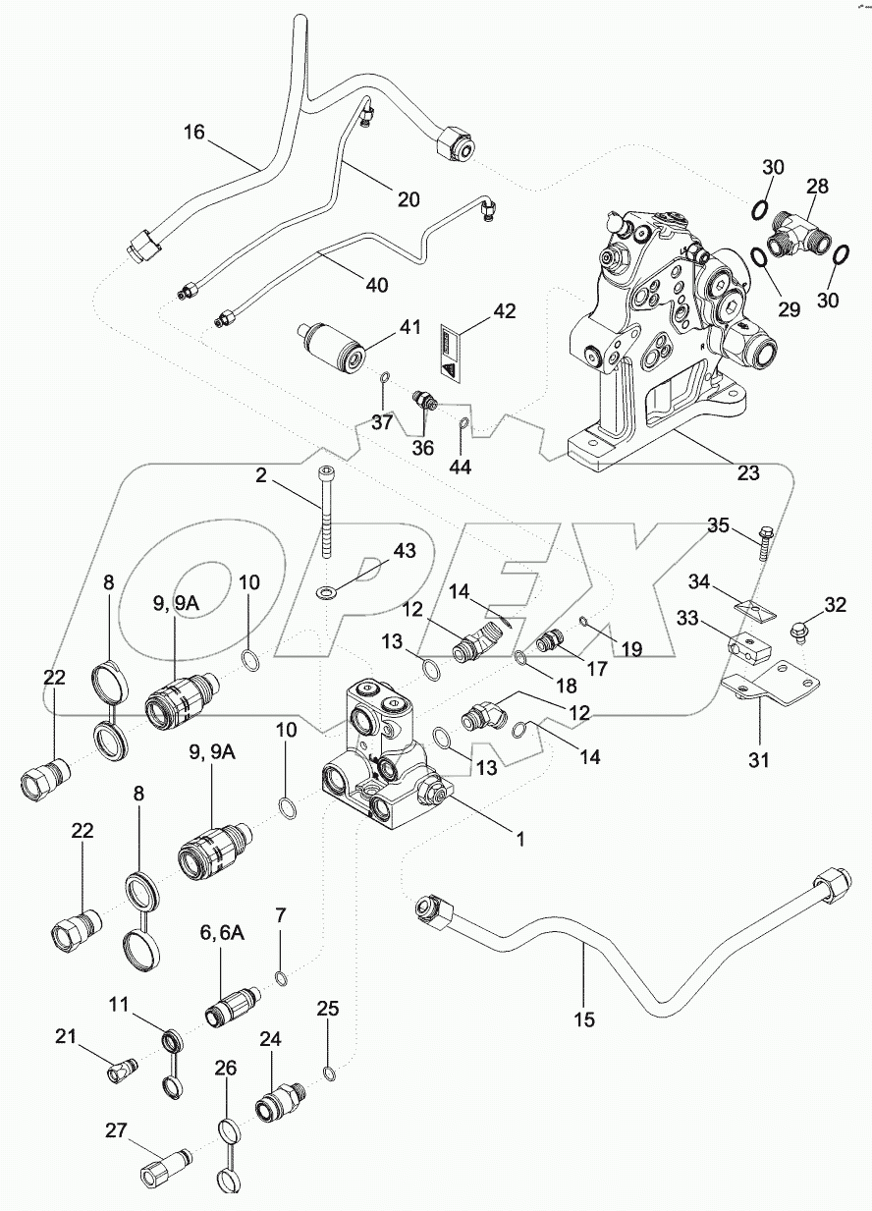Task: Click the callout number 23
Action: coord(748,473)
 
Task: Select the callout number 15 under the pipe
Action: coord(584,1019)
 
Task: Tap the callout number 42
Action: coord(503,312)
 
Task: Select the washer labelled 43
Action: coord(324,592)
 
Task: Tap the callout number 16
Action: coord(194,132)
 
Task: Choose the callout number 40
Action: coord(376,285)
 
